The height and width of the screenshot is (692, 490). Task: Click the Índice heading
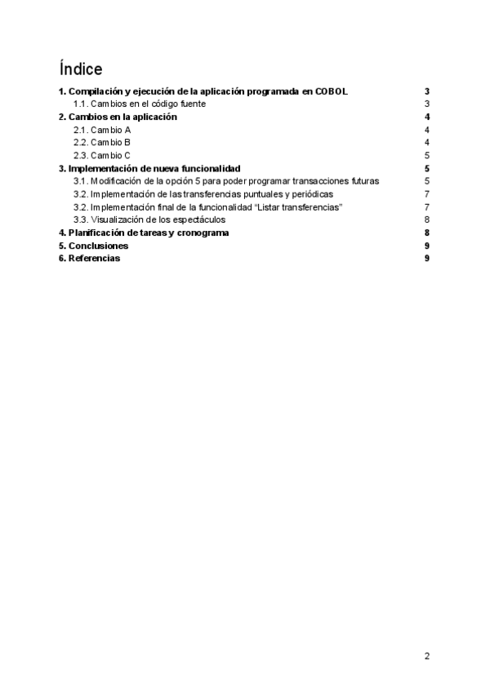(x=80, y=68)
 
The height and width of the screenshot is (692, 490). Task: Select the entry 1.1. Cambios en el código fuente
(x=140, y=104)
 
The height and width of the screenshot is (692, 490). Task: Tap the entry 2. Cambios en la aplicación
(x=118, y=117)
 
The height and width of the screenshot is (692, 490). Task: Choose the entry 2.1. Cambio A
(x=102, y=130)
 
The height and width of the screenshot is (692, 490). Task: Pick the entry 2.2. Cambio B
(x=102, y=143)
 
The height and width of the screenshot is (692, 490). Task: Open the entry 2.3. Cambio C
(x=102, y=155)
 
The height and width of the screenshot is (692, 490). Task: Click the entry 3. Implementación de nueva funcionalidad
(x=149, y=168)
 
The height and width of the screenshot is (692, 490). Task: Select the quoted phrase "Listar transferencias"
(x=299, y=207)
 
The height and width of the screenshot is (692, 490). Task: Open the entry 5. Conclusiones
(x=93, y=246)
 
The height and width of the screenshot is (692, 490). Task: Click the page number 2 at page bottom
(x=427, y=656)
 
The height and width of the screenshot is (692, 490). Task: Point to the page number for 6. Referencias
(x=427, y=259)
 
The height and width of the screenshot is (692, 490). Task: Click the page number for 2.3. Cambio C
(x=427, y=155)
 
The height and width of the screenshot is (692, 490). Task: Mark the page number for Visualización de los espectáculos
(x=427, y=220)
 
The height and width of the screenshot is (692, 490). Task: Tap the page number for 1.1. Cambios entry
(x=427, y=104)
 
